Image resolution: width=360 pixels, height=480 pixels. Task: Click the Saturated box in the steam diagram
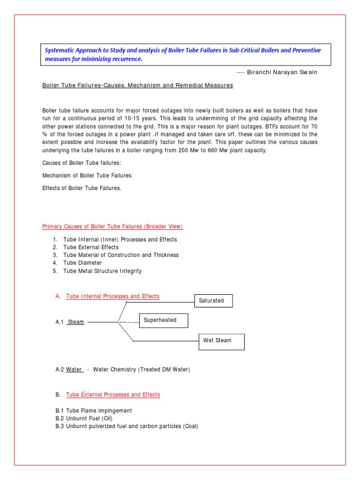[x=213, y=300]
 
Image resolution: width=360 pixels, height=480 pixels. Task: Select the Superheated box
[x=163, y=320]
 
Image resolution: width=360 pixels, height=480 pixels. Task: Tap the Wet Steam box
[x=221, y=341]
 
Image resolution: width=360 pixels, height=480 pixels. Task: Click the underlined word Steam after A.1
[x=76, y=322]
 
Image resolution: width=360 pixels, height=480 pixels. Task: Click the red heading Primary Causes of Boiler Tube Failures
[x=112, y=226]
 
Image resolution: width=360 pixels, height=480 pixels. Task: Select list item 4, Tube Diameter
[x=82, y=263]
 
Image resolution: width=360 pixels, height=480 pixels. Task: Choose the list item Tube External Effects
[x=91, y=247]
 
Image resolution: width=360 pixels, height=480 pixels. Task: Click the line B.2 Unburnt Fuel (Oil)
[x=84, y=419]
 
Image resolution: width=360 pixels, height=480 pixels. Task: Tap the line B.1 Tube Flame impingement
[x=94, y=411]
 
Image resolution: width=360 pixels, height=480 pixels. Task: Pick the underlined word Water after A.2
[x=74, y=369]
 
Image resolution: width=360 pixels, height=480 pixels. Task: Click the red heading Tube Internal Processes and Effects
[x=112, y=296]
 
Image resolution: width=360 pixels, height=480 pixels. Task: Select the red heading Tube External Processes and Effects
[x=113, y=395]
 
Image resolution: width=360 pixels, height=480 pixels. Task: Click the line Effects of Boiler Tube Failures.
[x=82, y=188]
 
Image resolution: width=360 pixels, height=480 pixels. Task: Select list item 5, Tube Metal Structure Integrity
[x=102, y=271]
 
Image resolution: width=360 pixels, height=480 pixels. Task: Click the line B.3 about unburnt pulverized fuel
[x=127, y=427]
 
